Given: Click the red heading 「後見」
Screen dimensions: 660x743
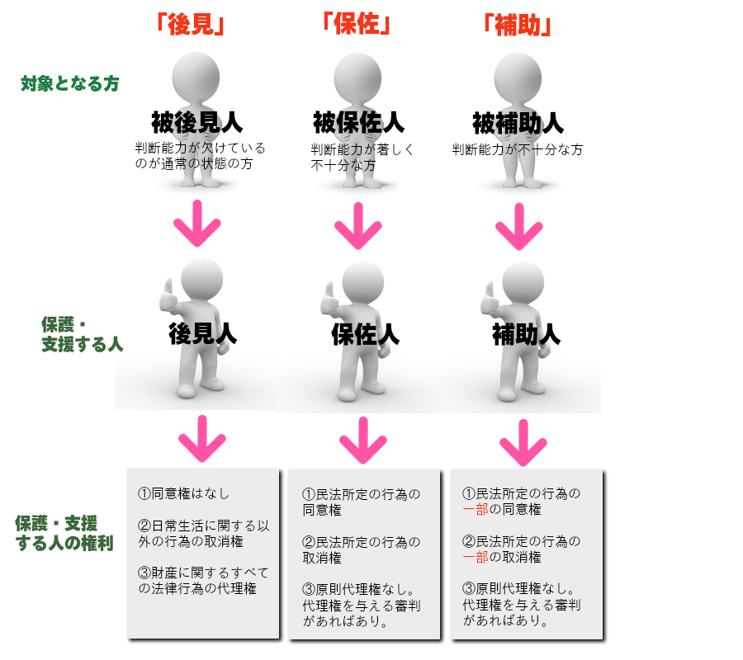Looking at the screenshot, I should pyautogui.click(x=191, y=25).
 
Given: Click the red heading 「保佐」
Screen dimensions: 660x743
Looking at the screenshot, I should pyautogui.click(x=356, y=24).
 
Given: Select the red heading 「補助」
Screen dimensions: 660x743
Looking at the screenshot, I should pyautogui.click(x=516, y=25).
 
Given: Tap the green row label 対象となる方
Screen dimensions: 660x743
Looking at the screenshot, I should pyautogui.click(x=70, y=83).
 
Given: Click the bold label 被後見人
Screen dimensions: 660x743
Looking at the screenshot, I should pyautogui.click(x=196, y=124).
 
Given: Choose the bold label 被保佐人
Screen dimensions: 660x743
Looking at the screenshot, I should pyautogui.click(x=358, y=124).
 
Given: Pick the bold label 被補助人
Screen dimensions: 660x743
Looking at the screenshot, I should pyautogui.click(x=518, y=124).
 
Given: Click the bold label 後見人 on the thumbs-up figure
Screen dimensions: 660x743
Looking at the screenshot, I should pyautogui.click(x=202, y=333).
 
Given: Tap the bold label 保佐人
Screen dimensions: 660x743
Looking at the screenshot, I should pyautogui.click(x=365, y=333).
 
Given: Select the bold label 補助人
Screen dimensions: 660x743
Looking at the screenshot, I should pyautogui.click(x=526, y=333).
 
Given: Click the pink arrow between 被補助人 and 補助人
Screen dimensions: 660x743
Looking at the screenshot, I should pyautogui.click(x=519, y=223).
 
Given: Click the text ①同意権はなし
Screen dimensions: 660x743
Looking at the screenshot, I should pyautogui.click(x=183, y=493).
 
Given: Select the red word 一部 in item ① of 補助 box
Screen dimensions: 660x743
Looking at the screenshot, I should pyautogui.click(x=476, y=509).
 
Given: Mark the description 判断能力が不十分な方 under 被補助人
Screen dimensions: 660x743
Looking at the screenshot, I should pyautogui.click(x=518, y=150).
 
